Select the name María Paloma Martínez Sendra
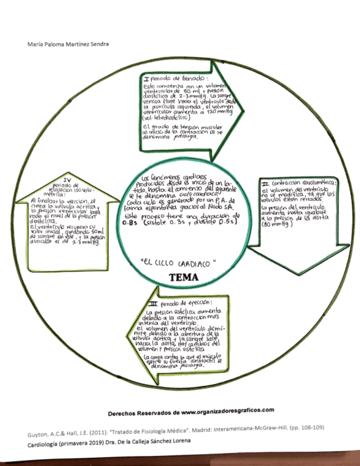tap(61, 44)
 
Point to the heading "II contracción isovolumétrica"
tap(300, 182)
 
